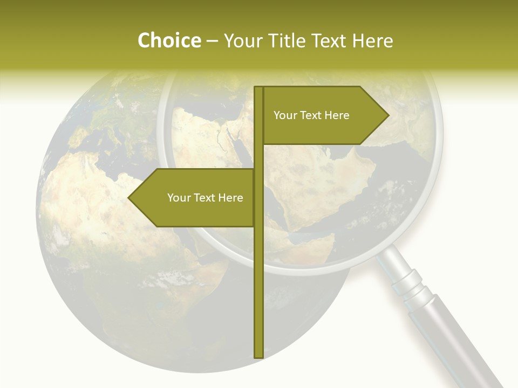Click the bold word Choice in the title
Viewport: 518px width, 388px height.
coord(169,40)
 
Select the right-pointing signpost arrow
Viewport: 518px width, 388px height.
coord(324,115)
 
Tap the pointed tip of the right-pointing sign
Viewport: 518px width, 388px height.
coord(387,115)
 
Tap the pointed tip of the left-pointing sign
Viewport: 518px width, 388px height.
coord(129,198)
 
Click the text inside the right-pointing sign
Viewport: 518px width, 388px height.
coord(311,115)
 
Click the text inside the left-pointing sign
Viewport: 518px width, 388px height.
coord(205,198)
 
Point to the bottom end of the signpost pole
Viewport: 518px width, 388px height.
coord(258,356)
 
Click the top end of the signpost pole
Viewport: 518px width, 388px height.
coord(258,88)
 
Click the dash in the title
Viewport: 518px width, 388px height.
coord(212,41)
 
